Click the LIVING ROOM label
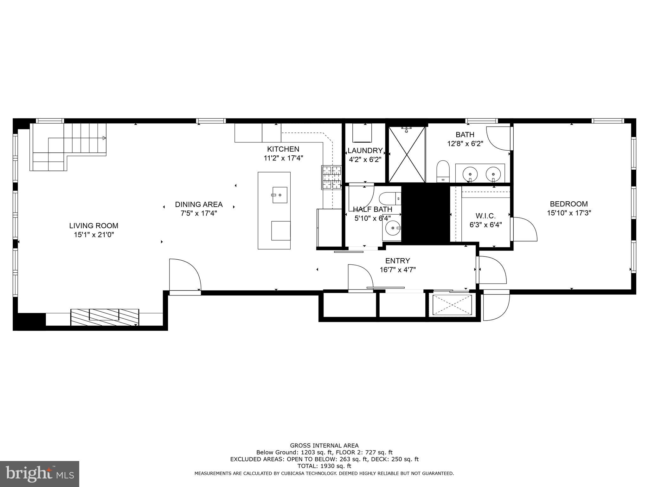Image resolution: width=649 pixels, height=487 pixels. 93,226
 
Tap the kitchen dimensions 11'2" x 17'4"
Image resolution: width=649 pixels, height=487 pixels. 283,158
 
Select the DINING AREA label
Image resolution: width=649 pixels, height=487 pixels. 199,205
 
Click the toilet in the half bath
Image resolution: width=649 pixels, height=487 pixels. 390,198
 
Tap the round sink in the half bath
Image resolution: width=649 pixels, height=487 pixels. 393,228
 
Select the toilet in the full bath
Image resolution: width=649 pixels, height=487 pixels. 443,171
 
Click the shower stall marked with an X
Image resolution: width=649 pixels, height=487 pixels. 407,154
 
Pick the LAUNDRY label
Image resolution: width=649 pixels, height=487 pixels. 365,151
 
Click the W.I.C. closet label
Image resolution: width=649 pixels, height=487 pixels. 485,216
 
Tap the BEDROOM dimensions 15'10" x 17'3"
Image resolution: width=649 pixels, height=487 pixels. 569,213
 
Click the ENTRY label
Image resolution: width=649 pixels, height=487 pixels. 397,261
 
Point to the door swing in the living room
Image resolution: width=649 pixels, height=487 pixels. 184,274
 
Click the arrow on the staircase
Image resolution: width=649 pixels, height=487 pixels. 104,138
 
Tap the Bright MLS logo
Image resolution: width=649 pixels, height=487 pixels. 40,474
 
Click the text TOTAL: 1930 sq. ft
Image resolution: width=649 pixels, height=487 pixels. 324,466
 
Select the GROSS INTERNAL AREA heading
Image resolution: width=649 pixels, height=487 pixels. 324,445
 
